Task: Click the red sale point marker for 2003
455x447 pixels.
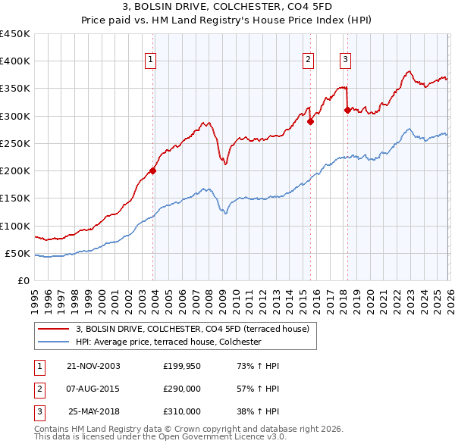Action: click(x=153, y=170)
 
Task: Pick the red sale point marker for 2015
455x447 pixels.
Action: click(x=310, y=121)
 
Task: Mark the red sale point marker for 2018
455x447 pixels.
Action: click(x=347, y=111)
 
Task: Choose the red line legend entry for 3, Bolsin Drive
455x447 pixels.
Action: click(x=192, y=330)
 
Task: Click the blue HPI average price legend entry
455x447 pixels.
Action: click(x=168, y=342)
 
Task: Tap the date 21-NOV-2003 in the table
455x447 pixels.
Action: click(x=93, y=366)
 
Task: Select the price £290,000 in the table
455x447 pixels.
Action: click(x=182, y=389)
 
